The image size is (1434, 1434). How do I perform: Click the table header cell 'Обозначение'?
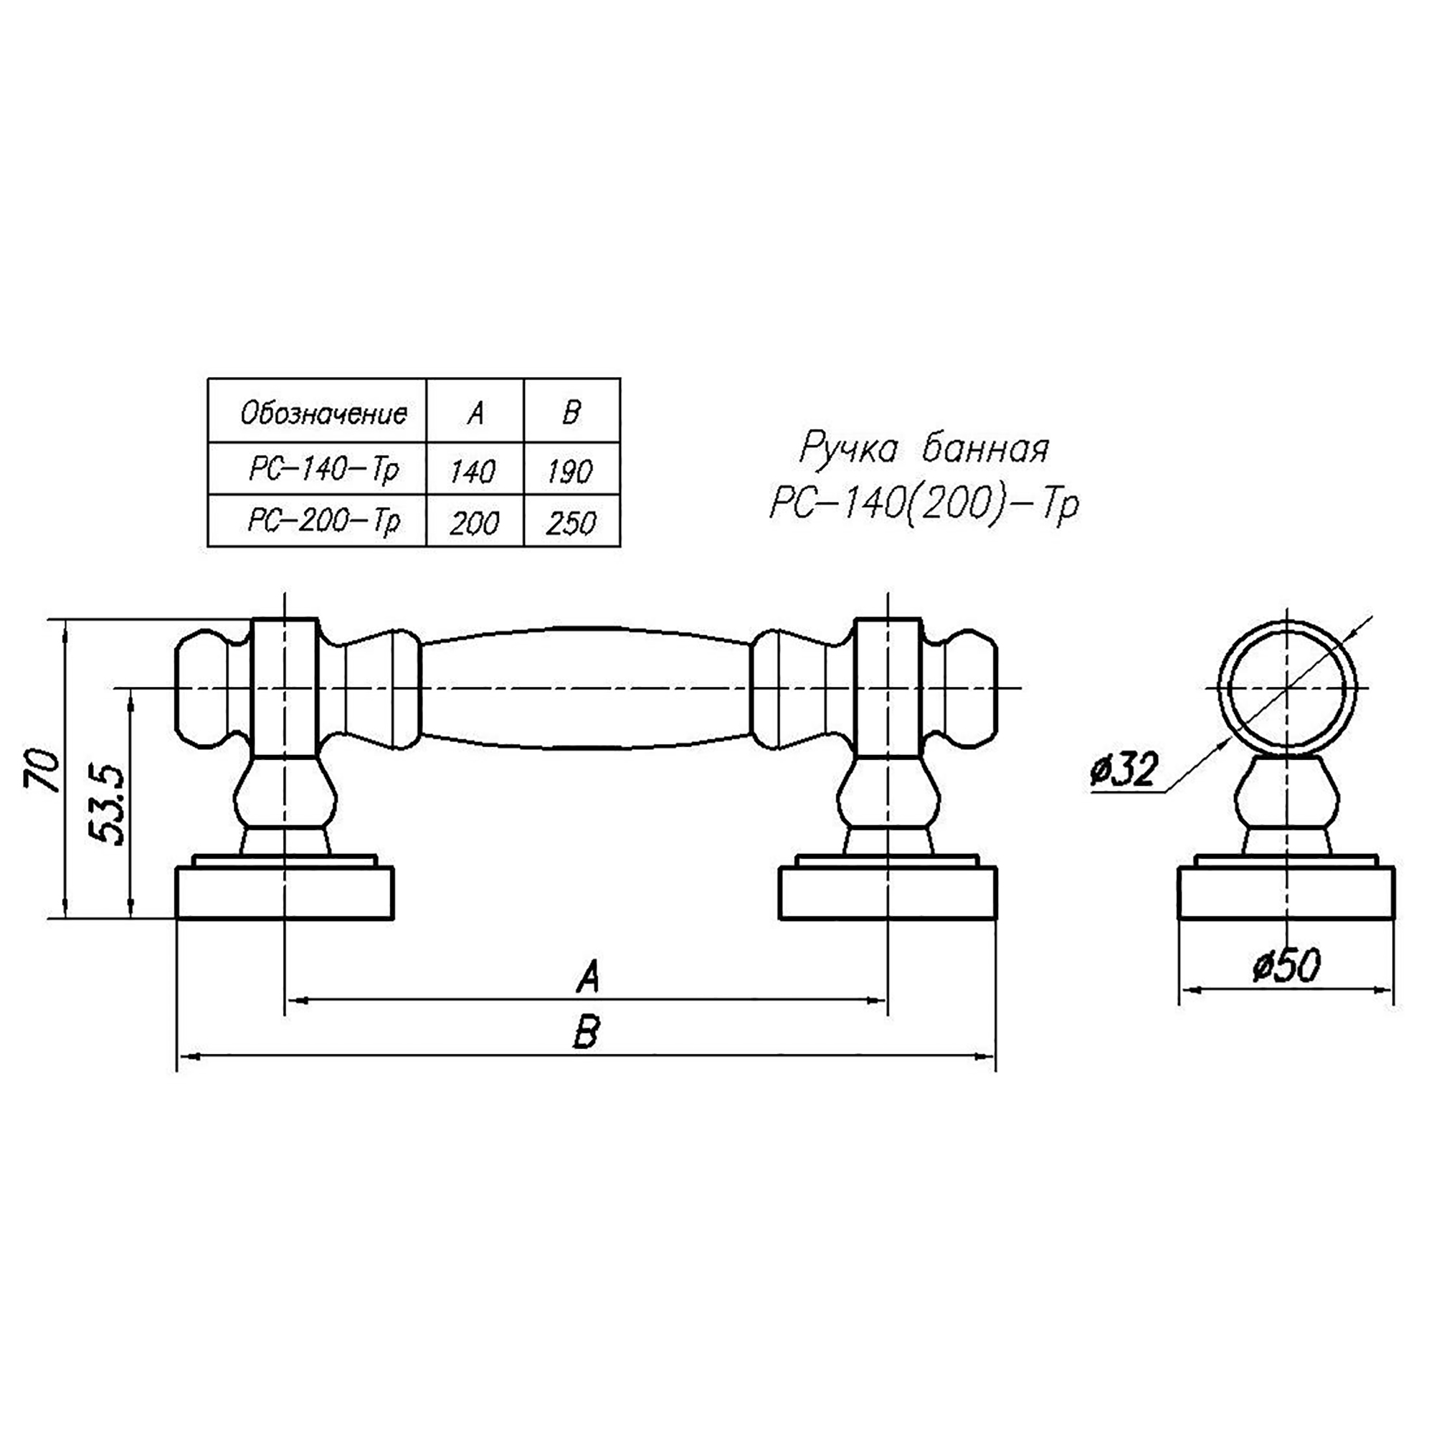tap(323, 414)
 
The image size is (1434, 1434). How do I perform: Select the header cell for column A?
tap(475, 414)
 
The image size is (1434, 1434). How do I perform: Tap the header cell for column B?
tap(571, 414)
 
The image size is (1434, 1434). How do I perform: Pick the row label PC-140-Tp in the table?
tap(323, 470)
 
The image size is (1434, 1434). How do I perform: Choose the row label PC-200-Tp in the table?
tap(323, 522)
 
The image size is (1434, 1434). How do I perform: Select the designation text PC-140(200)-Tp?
tap(923, 505)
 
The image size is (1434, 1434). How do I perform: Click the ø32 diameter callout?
tap(1123, 771)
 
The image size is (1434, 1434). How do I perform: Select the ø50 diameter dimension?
tap(1286, 967)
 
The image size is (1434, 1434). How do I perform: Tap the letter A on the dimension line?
tap(587, 977)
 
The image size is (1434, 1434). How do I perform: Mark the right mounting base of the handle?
tap(887, 893)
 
